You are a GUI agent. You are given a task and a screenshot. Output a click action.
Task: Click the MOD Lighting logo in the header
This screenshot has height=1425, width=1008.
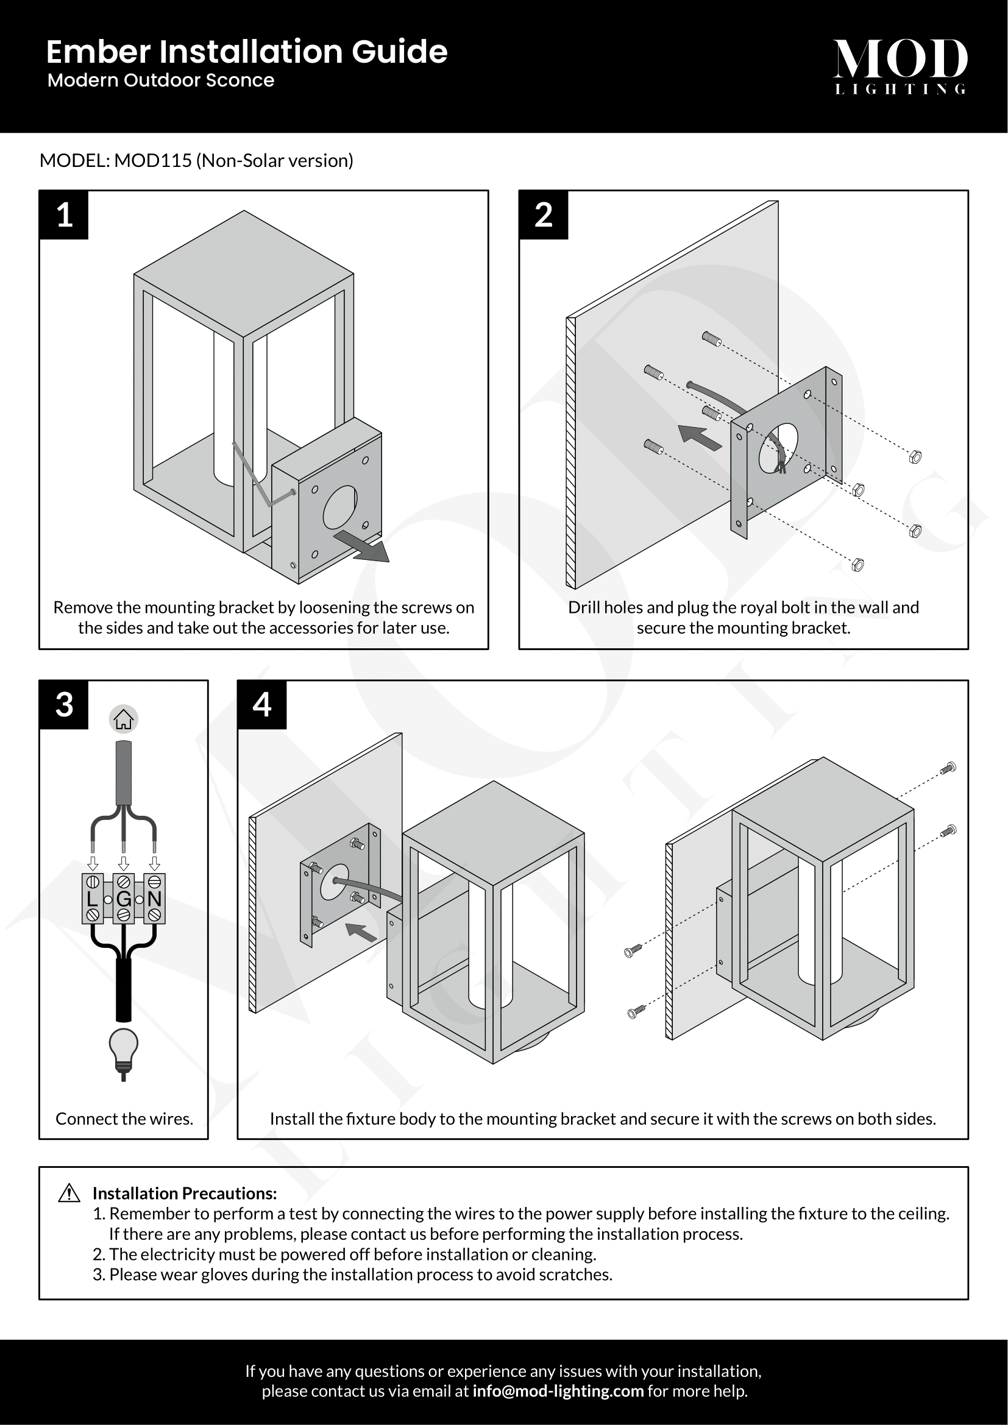(900, 66)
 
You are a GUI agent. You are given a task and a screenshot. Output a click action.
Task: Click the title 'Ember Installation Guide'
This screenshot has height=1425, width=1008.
(246, 52)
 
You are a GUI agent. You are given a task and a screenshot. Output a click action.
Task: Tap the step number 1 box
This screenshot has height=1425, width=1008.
(64, 214)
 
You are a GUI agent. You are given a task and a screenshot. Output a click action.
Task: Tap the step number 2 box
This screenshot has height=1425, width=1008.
(543, 214)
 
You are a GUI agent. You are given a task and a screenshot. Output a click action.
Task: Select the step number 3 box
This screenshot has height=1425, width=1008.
(64, 704)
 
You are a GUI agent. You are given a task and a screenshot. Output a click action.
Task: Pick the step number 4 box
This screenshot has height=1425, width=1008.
(262, 704)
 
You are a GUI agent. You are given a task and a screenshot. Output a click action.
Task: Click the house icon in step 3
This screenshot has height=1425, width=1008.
(124, 720)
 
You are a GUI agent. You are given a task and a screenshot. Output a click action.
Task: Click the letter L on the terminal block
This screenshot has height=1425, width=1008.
(92, 899)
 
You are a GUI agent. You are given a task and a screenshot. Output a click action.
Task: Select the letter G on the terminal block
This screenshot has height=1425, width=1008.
(124, 899)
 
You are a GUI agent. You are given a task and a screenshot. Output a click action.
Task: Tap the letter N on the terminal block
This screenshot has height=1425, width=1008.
(155, 899)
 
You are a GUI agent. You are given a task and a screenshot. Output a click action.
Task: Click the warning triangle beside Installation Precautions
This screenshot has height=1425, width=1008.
(69, 1192)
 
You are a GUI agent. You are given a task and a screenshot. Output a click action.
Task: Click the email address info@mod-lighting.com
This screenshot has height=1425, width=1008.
(558, 1391)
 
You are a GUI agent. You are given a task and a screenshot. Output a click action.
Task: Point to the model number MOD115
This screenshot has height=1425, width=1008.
(153, 161)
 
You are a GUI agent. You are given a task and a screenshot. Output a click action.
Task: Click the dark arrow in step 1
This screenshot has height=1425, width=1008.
(363, 546)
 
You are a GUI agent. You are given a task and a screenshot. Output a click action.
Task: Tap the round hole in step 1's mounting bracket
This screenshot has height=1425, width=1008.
(340, 507)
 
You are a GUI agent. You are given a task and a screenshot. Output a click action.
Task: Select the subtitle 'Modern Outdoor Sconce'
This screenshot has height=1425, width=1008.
(161, 80)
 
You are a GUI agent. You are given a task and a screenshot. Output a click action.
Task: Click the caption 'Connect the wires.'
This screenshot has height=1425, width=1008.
(124, 1119)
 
